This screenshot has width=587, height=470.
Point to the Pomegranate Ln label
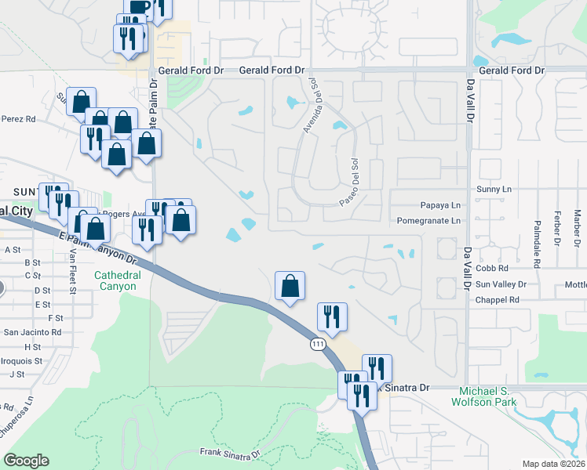(x=429, y=221)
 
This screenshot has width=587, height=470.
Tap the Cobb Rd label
(x=493, y=268)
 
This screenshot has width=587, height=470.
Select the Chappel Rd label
(x=498, y=299)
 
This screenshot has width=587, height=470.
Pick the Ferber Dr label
(x=557, y=225)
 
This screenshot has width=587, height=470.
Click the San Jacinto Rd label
(x=32, y=332)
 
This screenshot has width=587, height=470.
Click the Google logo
(x=26, y=461)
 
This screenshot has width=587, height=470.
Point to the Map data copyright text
(x=553, y=464)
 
